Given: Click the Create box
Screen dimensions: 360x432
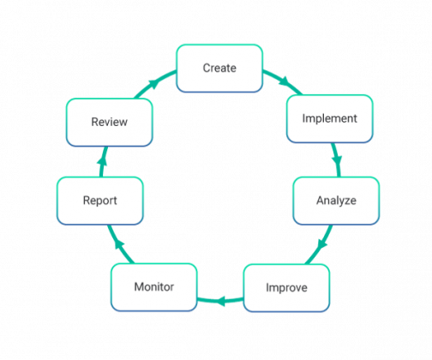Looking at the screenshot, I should (x=219, y=68).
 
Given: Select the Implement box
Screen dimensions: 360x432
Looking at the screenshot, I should (x=330, y=118).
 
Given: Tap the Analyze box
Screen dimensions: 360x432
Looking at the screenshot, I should (x=336, y=201).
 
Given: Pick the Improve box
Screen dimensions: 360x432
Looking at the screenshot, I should (x=285, y=287).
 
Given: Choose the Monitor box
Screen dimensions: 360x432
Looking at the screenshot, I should (x=153, y=286).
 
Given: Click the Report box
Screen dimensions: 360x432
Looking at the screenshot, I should (x=99, y=201).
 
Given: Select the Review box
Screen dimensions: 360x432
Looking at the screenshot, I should (x=110, y=122).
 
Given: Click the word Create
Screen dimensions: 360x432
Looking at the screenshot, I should (x=219, y=68).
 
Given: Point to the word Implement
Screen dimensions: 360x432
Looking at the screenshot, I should (x=330, y=118).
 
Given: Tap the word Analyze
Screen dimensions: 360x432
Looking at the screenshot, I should (x=336, y=201).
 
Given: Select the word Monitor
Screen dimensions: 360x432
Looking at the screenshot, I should (x=153, y=286).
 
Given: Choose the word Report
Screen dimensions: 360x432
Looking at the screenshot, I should (x=99, y=201).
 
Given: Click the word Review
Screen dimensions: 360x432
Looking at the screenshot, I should (x=110, y=122).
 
